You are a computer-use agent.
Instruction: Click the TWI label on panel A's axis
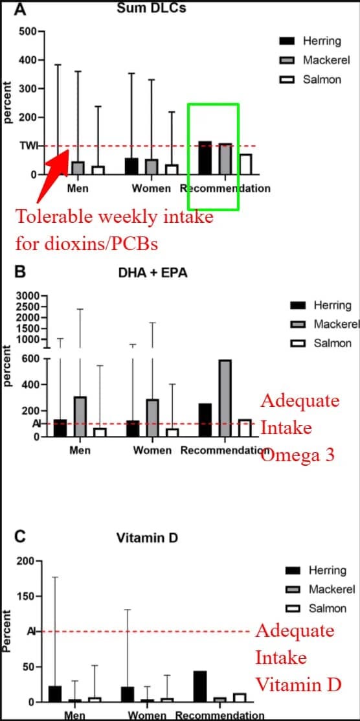pos(27,146)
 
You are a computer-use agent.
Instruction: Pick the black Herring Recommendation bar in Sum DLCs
pos(205,158)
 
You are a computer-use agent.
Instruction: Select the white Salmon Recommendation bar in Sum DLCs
pos(245,164)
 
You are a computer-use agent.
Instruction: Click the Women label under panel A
pos(152,189)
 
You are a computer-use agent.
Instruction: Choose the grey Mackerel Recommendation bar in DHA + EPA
pos(225,398)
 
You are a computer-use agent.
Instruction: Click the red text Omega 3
pos(297,455)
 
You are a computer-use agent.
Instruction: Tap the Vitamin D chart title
pos(147,538)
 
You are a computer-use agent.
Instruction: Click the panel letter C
pos(20,536)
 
